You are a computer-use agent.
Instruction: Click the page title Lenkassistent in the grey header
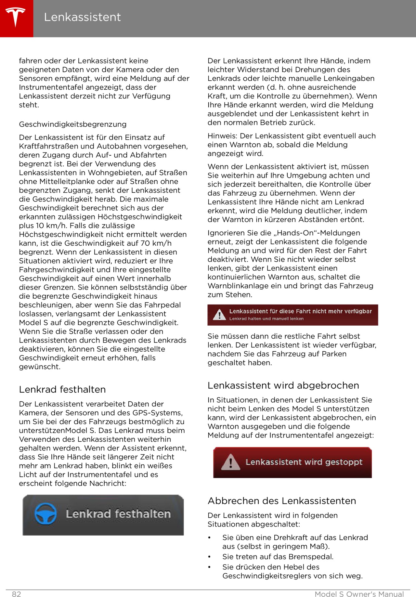(82, 17)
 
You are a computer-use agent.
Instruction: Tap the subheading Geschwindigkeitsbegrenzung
(73, 124)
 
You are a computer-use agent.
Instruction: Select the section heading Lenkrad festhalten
(62, 389)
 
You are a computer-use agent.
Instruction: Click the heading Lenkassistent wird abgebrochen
(283, 385)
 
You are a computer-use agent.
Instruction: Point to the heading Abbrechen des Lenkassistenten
(282, 501)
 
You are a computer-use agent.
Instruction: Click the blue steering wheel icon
(45, 514)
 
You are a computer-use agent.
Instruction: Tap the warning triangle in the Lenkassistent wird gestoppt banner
(230, 462)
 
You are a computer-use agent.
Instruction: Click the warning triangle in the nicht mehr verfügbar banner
(220, 315)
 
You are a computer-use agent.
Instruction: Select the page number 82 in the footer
(17, 594)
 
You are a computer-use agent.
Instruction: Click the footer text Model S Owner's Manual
(359, 594)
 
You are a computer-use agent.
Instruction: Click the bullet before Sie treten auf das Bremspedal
(210, 557)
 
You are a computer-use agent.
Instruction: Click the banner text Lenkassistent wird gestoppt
(304, 462)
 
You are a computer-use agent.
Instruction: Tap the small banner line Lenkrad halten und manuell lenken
(266, 318)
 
